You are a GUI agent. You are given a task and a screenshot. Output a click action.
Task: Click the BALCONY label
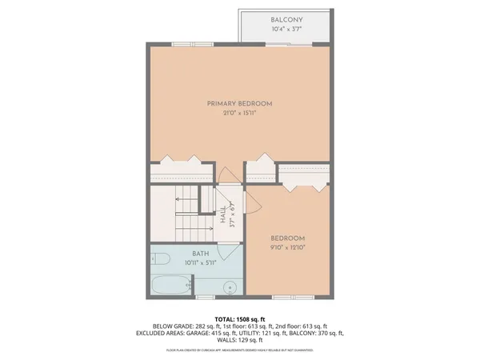coord(286,19)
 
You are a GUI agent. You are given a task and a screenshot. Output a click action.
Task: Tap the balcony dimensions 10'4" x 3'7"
coord(286,30)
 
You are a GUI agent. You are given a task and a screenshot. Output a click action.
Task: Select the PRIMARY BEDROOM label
coord(240,103)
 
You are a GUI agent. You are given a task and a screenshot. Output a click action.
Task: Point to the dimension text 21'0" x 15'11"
coord(240,114)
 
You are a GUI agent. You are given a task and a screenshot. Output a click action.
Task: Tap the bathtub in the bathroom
coord(170,285)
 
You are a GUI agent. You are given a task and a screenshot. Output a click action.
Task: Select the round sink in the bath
coord(230,286)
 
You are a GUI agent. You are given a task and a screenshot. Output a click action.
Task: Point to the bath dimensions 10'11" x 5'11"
coord(200,262)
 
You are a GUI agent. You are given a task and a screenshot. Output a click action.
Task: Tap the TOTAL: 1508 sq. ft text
coord(240,318)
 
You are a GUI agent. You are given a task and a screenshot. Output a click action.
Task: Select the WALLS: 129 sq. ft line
coord(240,339)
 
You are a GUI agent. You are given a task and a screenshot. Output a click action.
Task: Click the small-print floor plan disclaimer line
coord(240,350)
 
